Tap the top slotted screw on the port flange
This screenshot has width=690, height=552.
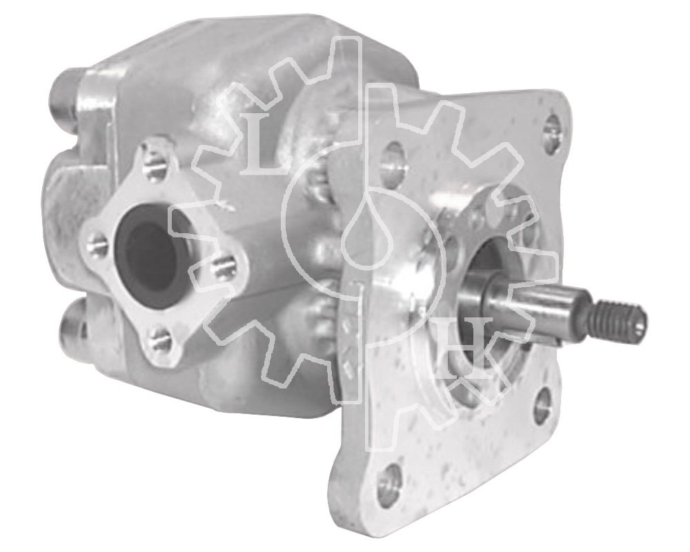[154, 168]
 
